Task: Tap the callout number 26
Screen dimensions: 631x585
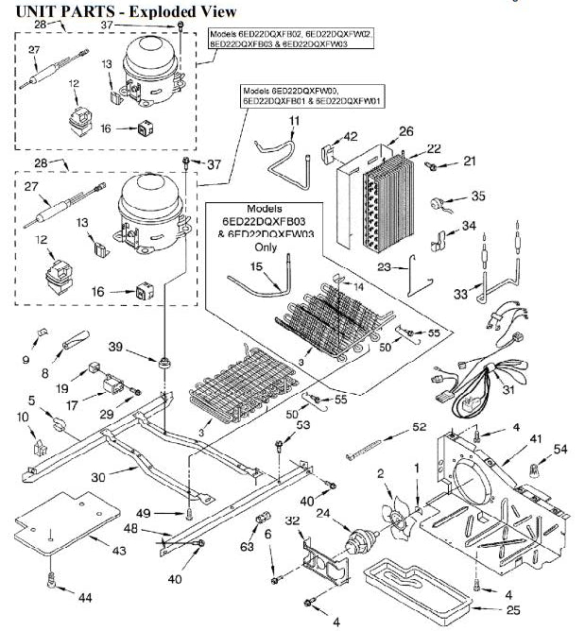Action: [406, 131]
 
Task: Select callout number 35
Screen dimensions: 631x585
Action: [477, 196]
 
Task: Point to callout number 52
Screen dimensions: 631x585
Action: [419, 427]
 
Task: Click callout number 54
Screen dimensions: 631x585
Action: [560, 448]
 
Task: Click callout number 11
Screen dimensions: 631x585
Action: [294, 120]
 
